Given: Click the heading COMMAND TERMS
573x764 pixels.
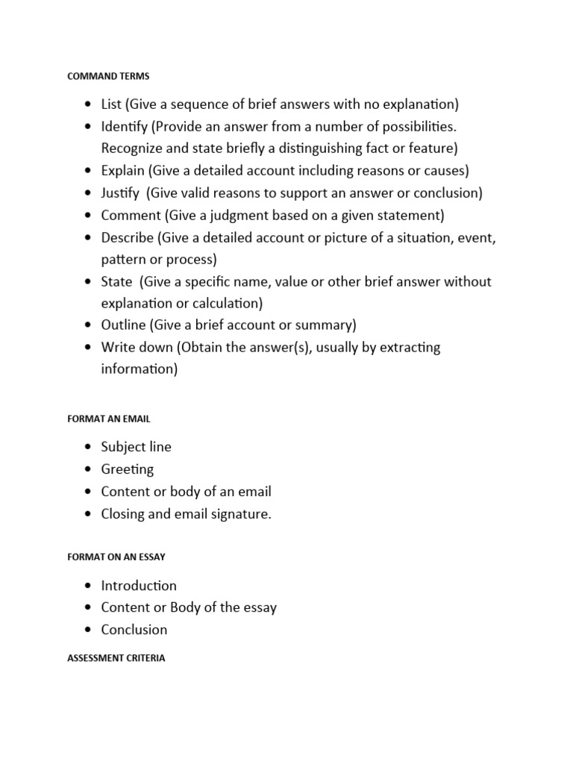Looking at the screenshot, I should (x=108, y=76).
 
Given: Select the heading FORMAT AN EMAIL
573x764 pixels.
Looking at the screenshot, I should (x=109, y=419).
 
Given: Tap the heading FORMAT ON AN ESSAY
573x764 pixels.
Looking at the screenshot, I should (x=116, y=557).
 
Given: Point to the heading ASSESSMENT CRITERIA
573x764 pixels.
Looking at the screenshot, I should (x=116, y=659).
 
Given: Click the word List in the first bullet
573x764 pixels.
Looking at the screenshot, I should (x=111, y=104).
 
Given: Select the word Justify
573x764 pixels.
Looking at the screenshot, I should (x=120, y=193).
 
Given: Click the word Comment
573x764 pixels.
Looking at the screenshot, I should (x=131, y=216).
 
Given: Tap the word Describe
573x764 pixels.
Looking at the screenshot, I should (x=128, y=238).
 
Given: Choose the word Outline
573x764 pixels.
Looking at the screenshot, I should (x=124, y=325).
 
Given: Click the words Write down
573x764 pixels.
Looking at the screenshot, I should (x=135, y=348).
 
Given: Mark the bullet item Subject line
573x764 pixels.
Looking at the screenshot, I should (x=136, y=447).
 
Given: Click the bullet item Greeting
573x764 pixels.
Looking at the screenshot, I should (x=128, y=469).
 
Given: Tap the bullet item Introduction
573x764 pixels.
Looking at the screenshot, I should (x=139, y=586).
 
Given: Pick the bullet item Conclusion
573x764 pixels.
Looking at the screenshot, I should (x=134, y=630).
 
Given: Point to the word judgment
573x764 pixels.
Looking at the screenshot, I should (x=229, y=216).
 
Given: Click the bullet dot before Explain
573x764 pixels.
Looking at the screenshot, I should (x=89, y=171).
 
